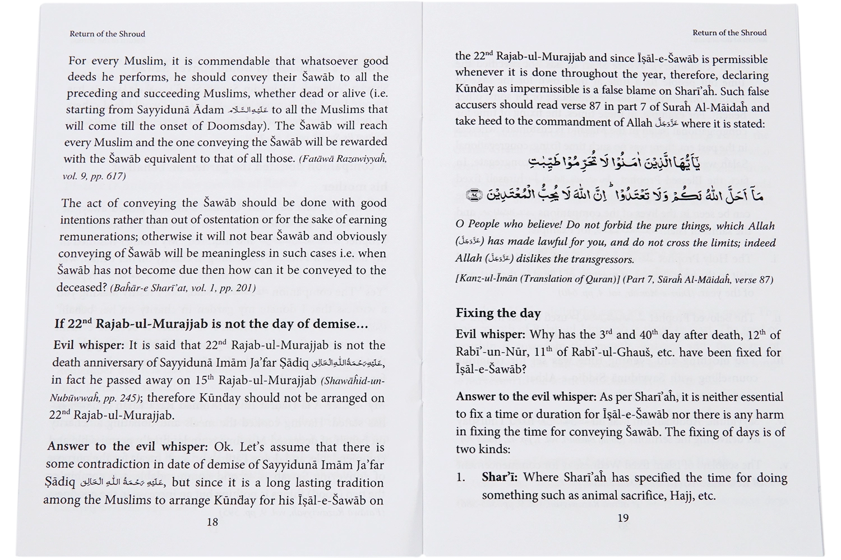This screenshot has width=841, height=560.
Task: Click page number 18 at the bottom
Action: point(212,522)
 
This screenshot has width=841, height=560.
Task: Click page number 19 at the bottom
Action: point(623,518)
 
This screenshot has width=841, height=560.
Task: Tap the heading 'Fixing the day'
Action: point(498,313)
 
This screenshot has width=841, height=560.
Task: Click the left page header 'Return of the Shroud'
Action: point(107,34)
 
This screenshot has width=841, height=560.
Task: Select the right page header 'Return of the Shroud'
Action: point(729,32)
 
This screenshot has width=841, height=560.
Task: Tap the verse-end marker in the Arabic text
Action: point(474,195)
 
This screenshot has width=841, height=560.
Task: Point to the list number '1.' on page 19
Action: point(461,478)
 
